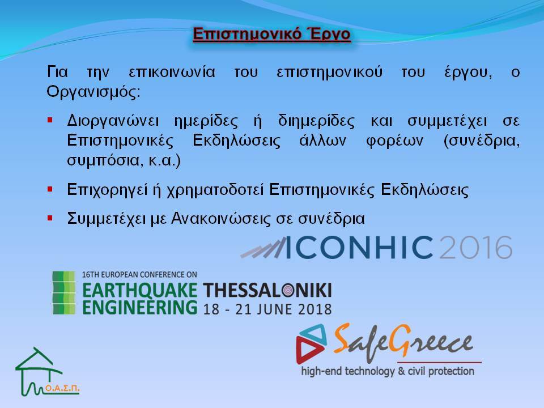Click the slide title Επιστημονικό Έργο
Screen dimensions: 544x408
(x=271, y=34)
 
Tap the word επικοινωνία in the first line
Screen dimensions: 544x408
(x=172, y=72)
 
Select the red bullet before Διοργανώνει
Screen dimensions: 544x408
(x=50, y=120)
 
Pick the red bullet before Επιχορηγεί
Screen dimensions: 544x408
(x=50, y=189)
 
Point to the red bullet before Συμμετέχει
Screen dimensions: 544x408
(x=50, y=218)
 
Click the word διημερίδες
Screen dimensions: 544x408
(x=316, y=121)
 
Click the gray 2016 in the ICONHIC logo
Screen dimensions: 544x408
(x=475, y=248)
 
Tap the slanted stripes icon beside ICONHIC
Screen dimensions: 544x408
(x=263, y=248)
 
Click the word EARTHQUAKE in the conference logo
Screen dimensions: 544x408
(x=139, y=290)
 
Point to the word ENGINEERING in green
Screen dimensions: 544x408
(x=139, y=307)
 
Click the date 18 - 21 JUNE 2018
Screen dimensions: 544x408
(x=267, y=309)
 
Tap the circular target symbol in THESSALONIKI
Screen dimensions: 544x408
(x=288, y=290)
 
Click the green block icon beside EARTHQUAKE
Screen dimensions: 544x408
(x=63, y=293)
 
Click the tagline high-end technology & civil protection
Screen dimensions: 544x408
(x=388, y=371)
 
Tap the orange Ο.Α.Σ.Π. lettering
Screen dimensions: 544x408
(x=62, y=388)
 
